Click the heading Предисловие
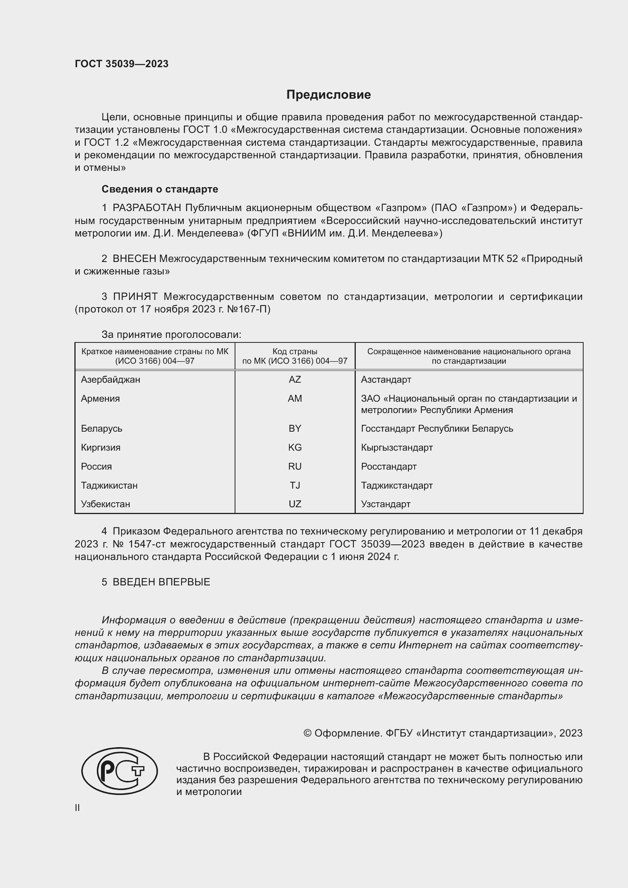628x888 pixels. pos(328,95)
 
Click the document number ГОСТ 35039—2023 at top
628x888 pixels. pos(121,64)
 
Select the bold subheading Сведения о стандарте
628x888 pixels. pos(160,189)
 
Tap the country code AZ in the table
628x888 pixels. pos(295,379)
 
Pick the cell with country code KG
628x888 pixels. pos(295,448)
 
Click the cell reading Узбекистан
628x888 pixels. pos(105,504)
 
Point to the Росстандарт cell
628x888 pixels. pos(389,467)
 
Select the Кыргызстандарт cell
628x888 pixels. pos(397,448)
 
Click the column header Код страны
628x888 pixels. pos(295,352)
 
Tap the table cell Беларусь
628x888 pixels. pos(101,429)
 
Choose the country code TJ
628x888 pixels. pos(295,486)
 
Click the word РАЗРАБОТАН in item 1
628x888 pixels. pos(147,208)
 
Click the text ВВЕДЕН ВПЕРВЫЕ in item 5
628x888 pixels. pos(161,582)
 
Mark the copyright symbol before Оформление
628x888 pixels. pos(308,733)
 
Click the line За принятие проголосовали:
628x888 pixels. pos(171,334)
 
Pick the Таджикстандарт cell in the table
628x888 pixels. pos(397,486)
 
